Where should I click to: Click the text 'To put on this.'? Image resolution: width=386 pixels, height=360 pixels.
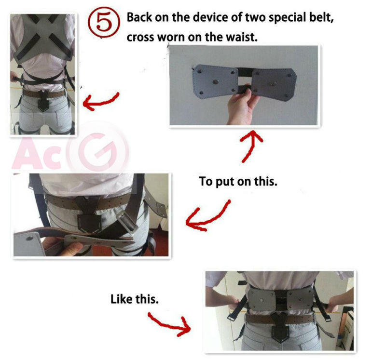pos(238,183)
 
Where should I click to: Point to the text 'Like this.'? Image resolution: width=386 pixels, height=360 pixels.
pos(134,299)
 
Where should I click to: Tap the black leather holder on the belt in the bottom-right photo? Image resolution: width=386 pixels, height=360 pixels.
pos(283,333)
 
